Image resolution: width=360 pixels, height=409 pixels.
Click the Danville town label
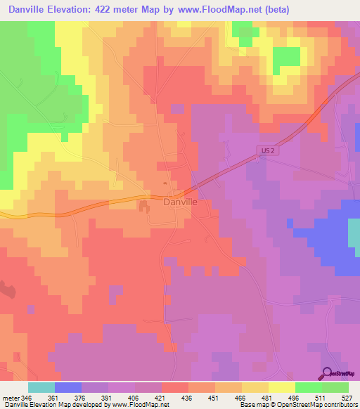[180, 202]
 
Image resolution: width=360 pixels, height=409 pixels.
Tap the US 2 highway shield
[264, 151]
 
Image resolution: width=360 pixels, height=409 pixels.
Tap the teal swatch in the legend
[41, 387]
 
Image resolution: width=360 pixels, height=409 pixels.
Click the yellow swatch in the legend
[281, 387]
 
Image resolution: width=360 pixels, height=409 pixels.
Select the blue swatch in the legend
[68, 387]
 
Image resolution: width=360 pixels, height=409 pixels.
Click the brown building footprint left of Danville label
[146, 206]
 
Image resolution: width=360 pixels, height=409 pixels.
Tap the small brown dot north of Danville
[165, 184]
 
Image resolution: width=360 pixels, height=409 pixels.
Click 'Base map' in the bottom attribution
[251, 405]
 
